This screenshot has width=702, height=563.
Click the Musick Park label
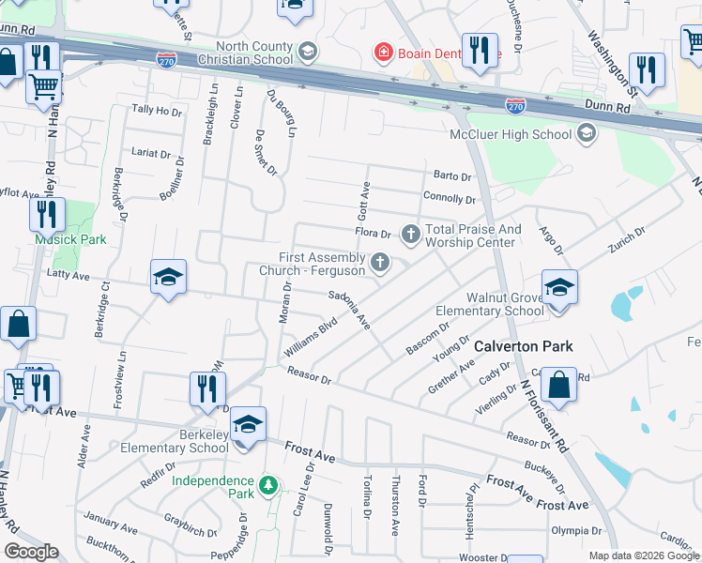coord(70,239)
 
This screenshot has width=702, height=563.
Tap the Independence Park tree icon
coord(268,485)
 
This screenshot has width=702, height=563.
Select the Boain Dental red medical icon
coord(382,52)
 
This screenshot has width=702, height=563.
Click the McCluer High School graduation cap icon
coord(587,134)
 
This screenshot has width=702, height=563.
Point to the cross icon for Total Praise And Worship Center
coord(411,233)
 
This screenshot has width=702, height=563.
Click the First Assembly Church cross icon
coord(380,262)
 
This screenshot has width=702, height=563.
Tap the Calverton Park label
coord(523,346)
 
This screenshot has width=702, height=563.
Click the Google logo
coord(32,552)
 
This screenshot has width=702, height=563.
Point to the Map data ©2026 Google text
coord(644,555)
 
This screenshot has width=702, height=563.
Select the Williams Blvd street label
coord(309,340)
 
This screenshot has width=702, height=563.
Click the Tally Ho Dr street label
coord(157,111)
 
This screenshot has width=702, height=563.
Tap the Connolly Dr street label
coord(450,199)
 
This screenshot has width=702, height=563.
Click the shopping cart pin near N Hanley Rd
coord(43,86)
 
